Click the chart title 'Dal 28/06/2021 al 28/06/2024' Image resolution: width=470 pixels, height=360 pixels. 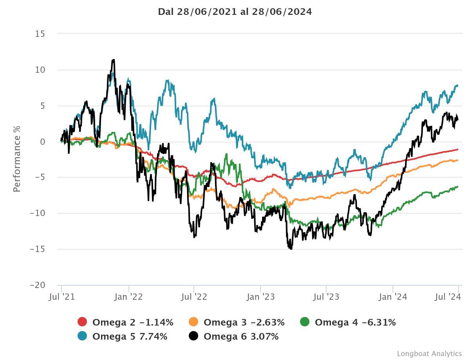pyautogui.click(x=235, y=12)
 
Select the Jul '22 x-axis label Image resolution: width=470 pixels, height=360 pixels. pyautogui.click(x=194, y=297)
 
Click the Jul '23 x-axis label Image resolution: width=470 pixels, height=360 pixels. pyautogui.click(x=327, y=297)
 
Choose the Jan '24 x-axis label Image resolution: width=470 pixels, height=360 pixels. pyautogui.click(x=394, y=297)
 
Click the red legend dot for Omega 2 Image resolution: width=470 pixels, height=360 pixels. pyautogui.click(x=82, y=322)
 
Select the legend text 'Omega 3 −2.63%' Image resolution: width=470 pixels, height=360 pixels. pyautogui.click(x=244, y=323)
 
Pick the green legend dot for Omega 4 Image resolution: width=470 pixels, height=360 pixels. pyautogui.click(x=305, y=322)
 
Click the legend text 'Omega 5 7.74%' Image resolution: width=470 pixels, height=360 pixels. pyautogui.click(x=130, y=337)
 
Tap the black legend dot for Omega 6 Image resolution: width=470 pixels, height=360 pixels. pyautogui.click(x=193, y=336)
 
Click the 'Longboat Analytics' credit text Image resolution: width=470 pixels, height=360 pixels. pyautogui.click(x=429, y=354)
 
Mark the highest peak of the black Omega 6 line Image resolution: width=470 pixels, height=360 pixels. pyautogui.click(x=113, y=60)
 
